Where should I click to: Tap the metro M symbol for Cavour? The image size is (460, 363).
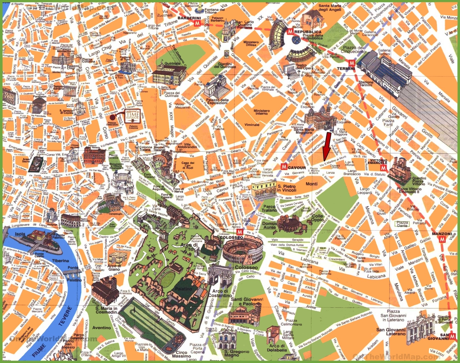pos(284,167)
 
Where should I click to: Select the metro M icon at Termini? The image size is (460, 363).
pos(352,63)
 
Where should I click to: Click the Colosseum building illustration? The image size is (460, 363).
pos(243,251)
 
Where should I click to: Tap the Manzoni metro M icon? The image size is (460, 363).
pos(442,240)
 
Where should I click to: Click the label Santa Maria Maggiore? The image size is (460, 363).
pos(304,131)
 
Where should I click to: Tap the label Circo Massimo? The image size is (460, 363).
pos(181,354)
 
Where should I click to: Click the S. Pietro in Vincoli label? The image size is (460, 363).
pos(287,188)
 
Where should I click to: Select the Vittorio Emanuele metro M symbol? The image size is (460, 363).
pos(383,168)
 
